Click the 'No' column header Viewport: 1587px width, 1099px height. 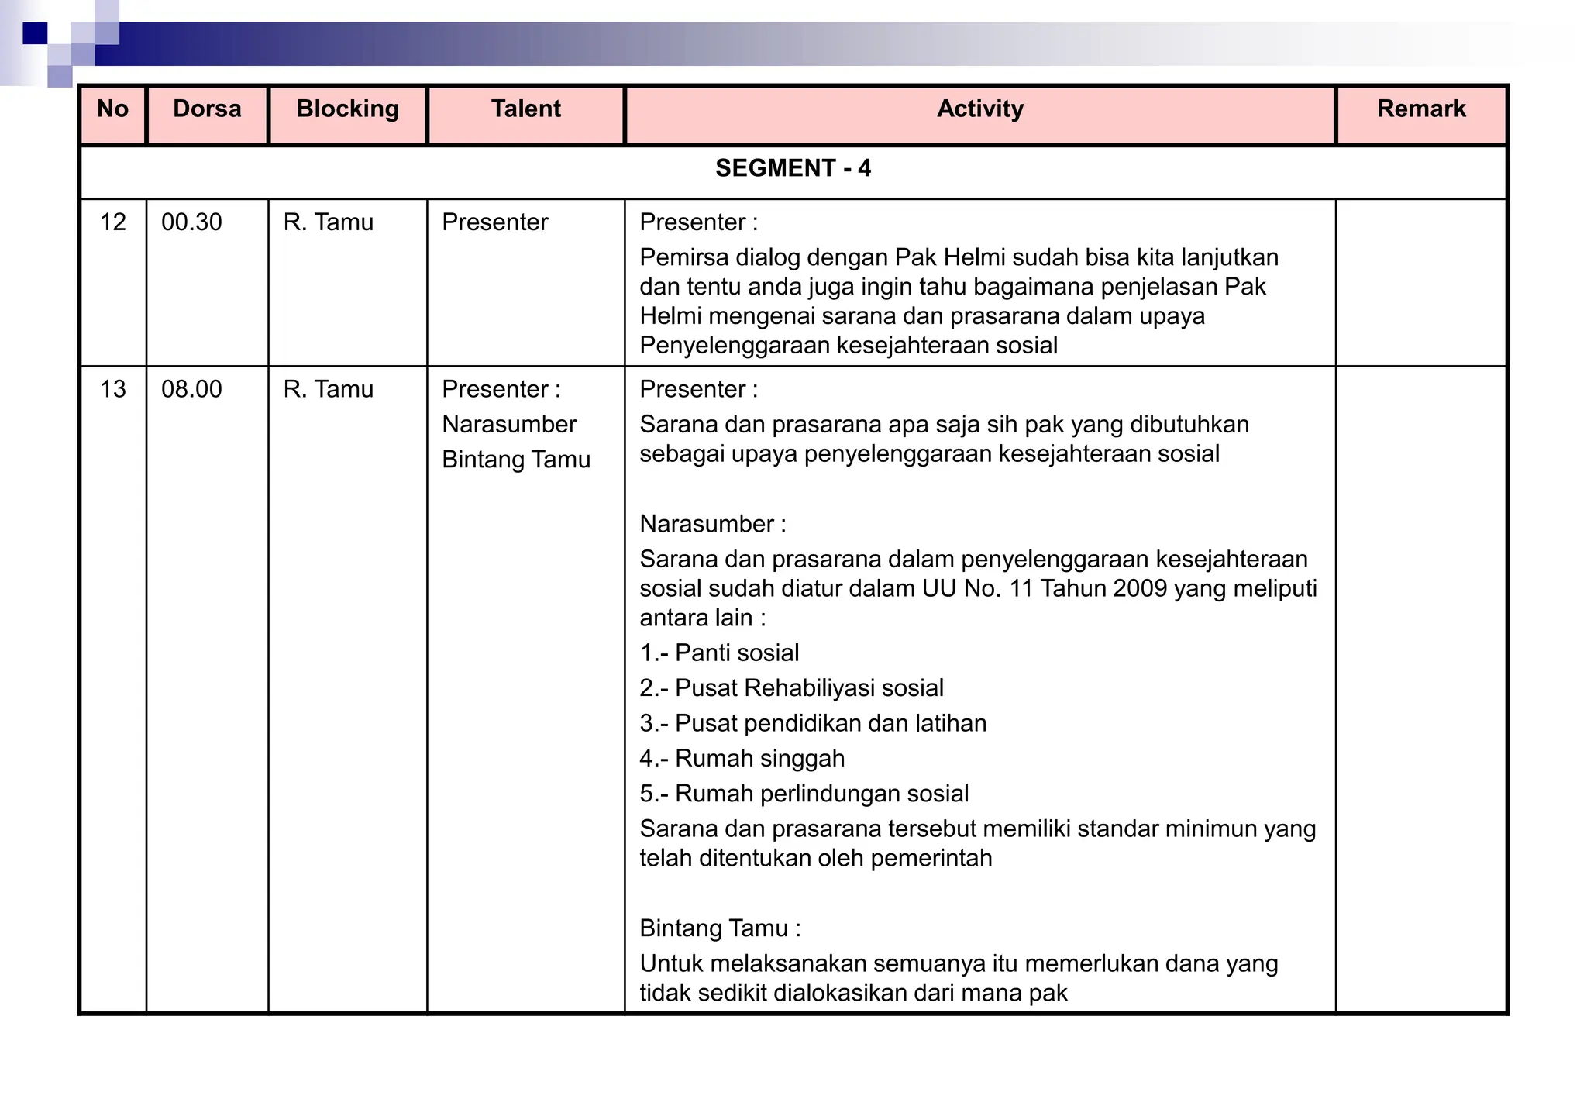pos(112,109)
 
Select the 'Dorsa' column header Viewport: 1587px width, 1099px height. pos(207,109)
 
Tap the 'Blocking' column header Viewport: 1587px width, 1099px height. pos(347,109)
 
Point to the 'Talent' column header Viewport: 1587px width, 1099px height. pos(525,109)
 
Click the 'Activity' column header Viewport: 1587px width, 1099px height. pos(979,109)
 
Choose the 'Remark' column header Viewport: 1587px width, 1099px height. pos(1420,109)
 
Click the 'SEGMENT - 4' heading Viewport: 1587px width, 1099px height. pos(793,168)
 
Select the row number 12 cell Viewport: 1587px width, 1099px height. pos(113,222)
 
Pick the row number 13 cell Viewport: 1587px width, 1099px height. pos(113,389)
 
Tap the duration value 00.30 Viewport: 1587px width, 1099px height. pos(191,222)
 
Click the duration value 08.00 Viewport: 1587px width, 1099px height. pos(191,389)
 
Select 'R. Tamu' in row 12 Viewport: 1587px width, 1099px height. pos(328,222)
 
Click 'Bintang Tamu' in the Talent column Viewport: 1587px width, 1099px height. pos(516,460)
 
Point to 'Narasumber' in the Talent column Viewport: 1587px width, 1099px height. pos(509,425)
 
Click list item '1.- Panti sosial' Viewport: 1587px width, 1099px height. pos(719,653)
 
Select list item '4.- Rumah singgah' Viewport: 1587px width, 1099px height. pos(742,758)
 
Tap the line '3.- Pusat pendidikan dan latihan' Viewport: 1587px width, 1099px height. pos(813,723)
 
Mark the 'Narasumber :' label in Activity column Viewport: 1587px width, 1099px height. pos(713,524)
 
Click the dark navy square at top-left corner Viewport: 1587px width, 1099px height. pos(35,33)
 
